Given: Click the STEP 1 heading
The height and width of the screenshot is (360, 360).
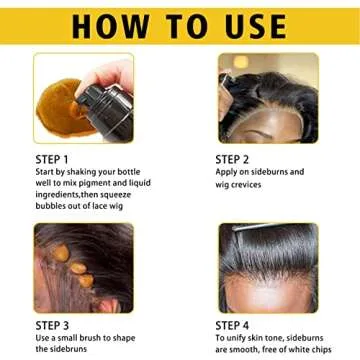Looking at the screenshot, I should click(51, 158).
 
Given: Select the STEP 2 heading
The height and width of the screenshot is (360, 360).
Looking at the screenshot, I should click(233, 158).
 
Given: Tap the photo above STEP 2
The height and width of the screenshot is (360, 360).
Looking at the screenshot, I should click(267, 97).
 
